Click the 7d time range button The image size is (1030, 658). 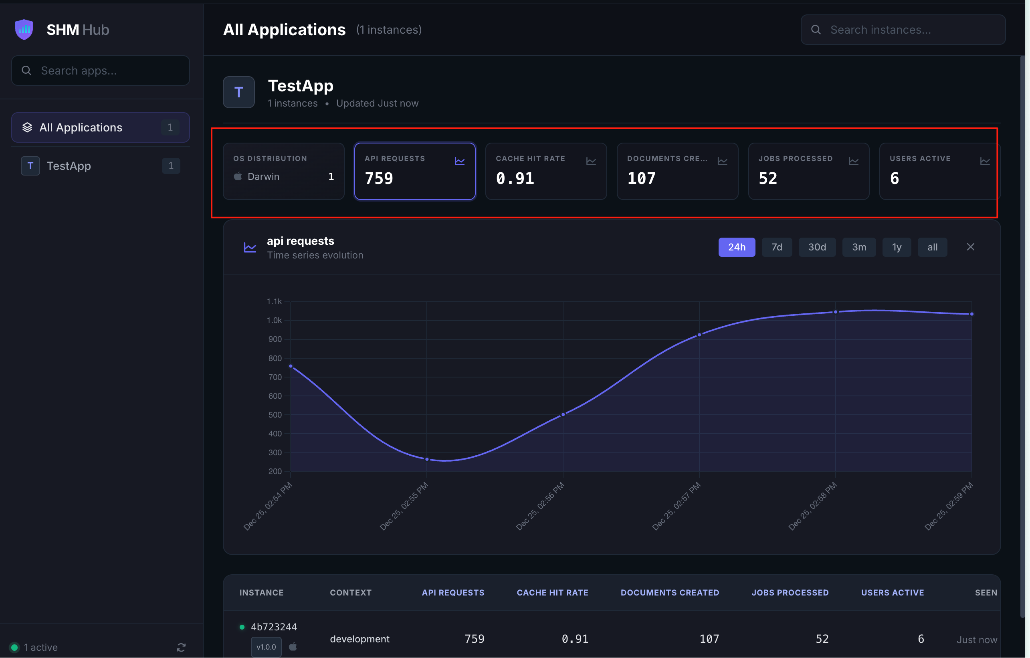pyautogui.click(x=777, y=247)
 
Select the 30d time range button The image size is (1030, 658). pyautogui.click(x=817, y=247)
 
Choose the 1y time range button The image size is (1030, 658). pyautogui.click(x=897, y=247)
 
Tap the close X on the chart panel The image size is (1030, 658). pyautogui.click(x=970, y=247)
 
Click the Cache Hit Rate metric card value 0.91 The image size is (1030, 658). pyautogui.click(x=515, y=178)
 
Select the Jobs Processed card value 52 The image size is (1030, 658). pyautogui.click(x=768, y=178)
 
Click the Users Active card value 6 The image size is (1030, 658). pyautogui.click(x=895, y=178)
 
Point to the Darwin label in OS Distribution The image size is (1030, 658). pyautogui.click(x=263, y=176)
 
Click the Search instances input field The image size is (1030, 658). pyautogui.click(x=903, y=30)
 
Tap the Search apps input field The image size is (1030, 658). pyautogui.click(x=101, y=71)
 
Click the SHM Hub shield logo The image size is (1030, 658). pyautogui.click(x=24, y=30)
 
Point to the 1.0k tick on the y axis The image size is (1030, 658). pyautogui.click(x=274, y=321)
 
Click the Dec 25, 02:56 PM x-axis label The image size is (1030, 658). pyautogui.click(x=540, y=507)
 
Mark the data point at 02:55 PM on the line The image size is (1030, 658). pyautogui.click(x=427, y=460)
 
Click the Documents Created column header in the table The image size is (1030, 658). pyautogui.click(x=670, y=593)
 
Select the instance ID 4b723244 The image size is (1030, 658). pyautogui.click(x=274, y=627)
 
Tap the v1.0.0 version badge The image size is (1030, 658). pyautogui.click(x=266, y=647)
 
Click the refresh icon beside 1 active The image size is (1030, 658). pyautogui.click(x=181, y=647)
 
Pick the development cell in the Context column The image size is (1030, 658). pyautogui.click(x=360, y=639)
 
